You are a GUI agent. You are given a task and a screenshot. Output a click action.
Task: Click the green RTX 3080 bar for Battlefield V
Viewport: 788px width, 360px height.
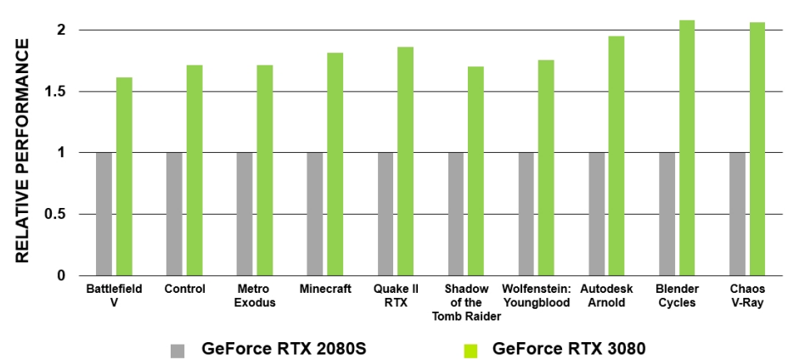(x=124, y=177)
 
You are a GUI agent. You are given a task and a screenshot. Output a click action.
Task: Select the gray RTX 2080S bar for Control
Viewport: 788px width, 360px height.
(x=174, y=214)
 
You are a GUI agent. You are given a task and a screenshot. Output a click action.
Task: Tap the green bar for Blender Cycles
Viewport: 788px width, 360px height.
(x=687, y=148)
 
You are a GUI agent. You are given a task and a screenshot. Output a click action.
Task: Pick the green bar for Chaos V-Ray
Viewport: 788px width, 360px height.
(x=757, y=149)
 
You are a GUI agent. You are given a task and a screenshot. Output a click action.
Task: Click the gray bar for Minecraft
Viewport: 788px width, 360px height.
(x=314, y=214)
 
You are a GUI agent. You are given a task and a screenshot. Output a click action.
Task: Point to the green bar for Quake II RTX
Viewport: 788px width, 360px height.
(x=406, y=161)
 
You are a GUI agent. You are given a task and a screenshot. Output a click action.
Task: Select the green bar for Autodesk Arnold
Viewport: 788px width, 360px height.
(x=616, y=156)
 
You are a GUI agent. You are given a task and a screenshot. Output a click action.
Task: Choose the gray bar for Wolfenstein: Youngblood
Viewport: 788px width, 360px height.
(x=526, y=214)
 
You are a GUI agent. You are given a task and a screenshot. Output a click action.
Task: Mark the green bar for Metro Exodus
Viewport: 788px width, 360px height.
(x=265, y=171)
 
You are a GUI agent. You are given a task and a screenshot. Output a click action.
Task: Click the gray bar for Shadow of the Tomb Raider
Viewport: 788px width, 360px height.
(x=456, y=214)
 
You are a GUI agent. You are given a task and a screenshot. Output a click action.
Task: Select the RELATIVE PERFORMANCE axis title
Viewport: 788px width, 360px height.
(x=22, y=150)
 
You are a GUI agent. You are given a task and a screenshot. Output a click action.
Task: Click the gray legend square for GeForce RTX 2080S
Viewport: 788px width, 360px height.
(x=177, y=351)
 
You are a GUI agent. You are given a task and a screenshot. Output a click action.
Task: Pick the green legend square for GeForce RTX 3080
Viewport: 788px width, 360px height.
(x=470, y=351)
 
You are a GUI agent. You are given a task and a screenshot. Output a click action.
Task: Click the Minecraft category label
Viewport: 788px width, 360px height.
(x=325, y=290)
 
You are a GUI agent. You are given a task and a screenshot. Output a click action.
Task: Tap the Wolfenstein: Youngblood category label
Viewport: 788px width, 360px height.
(x=537, y=295)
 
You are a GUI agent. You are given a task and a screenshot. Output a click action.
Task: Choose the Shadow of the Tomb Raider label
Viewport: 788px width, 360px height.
(x=466, y=302)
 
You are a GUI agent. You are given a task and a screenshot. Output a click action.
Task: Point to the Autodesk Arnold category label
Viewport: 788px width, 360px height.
(x=606, y=295)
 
